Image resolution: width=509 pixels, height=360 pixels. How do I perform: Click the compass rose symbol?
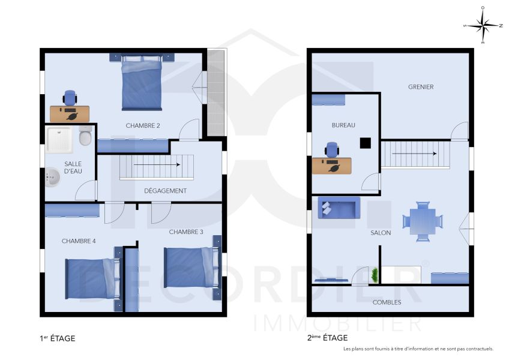click(483, 25)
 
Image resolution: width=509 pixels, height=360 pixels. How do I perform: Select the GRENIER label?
click(421, 87)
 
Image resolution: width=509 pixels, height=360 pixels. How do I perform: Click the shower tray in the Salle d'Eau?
click(59, 138)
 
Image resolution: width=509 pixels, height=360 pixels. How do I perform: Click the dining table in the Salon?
click(423, 219)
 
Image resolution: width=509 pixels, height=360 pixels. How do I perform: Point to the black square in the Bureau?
click(364, 143)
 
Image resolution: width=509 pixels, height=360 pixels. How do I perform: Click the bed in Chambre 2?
click(142, 83)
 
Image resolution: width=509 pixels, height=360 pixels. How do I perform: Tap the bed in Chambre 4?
click(91, 278)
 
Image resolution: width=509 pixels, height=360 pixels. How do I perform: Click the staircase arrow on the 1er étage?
click(157, 164)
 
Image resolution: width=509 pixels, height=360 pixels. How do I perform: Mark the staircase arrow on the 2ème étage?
click(414, 154)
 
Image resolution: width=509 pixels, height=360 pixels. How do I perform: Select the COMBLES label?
click(387, 302)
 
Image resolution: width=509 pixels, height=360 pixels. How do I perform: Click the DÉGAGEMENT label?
click(165, 191)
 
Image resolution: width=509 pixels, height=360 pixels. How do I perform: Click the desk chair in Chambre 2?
click(70, 97)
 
